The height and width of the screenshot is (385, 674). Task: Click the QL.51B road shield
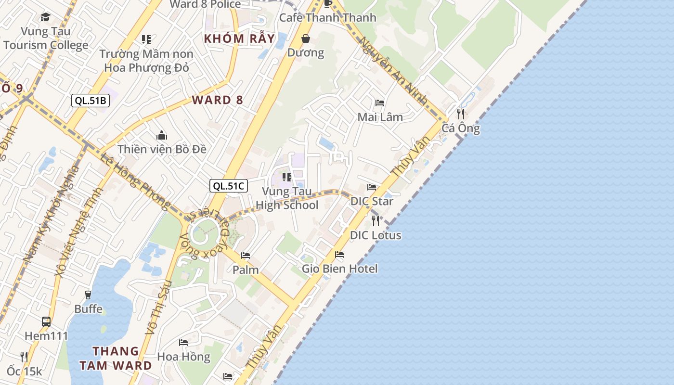pos(91,101)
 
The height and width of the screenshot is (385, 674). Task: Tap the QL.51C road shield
pos(229,186)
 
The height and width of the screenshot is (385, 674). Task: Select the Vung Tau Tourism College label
pos(46,38)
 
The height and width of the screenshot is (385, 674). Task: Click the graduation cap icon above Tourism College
pos(45,17)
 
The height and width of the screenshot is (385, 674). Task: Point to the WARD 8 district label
pos(218,100)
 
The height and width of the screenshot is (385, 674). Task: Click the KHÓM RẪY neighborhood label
pos(239,38)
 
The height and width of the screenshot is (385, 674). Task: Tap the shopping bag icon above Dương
pos(306,38)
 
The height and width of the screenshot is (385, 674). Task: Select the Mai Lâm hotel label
pos(380,117)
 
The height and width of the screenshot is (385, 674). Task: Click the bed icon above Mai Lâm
pos(380,103)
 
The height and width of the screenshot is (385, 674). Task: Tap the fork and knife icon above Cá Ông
pos(461,114)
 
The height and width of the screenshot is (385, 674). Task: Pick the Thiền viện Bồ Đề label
pos(162,149)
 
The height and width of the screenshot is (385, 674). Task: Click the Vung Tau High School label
pos(287,198)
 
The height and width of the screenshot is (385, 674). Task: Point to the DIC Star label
pos(372,201)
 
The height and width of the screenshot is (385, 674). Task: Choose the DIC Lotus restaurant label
pos(376,235)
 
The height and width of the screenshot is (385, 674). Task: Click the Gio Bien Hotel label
pos(340,269)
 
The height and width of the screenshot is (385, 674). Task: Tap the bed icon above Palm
pos(246,255)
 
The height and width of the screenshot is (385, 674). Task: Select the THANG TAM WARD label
pos(116,358)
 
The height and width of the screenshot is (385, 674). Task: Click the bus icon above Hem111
pos(46,321)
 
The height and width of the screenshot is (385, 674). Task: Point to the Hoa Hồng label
pos(183,357)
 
